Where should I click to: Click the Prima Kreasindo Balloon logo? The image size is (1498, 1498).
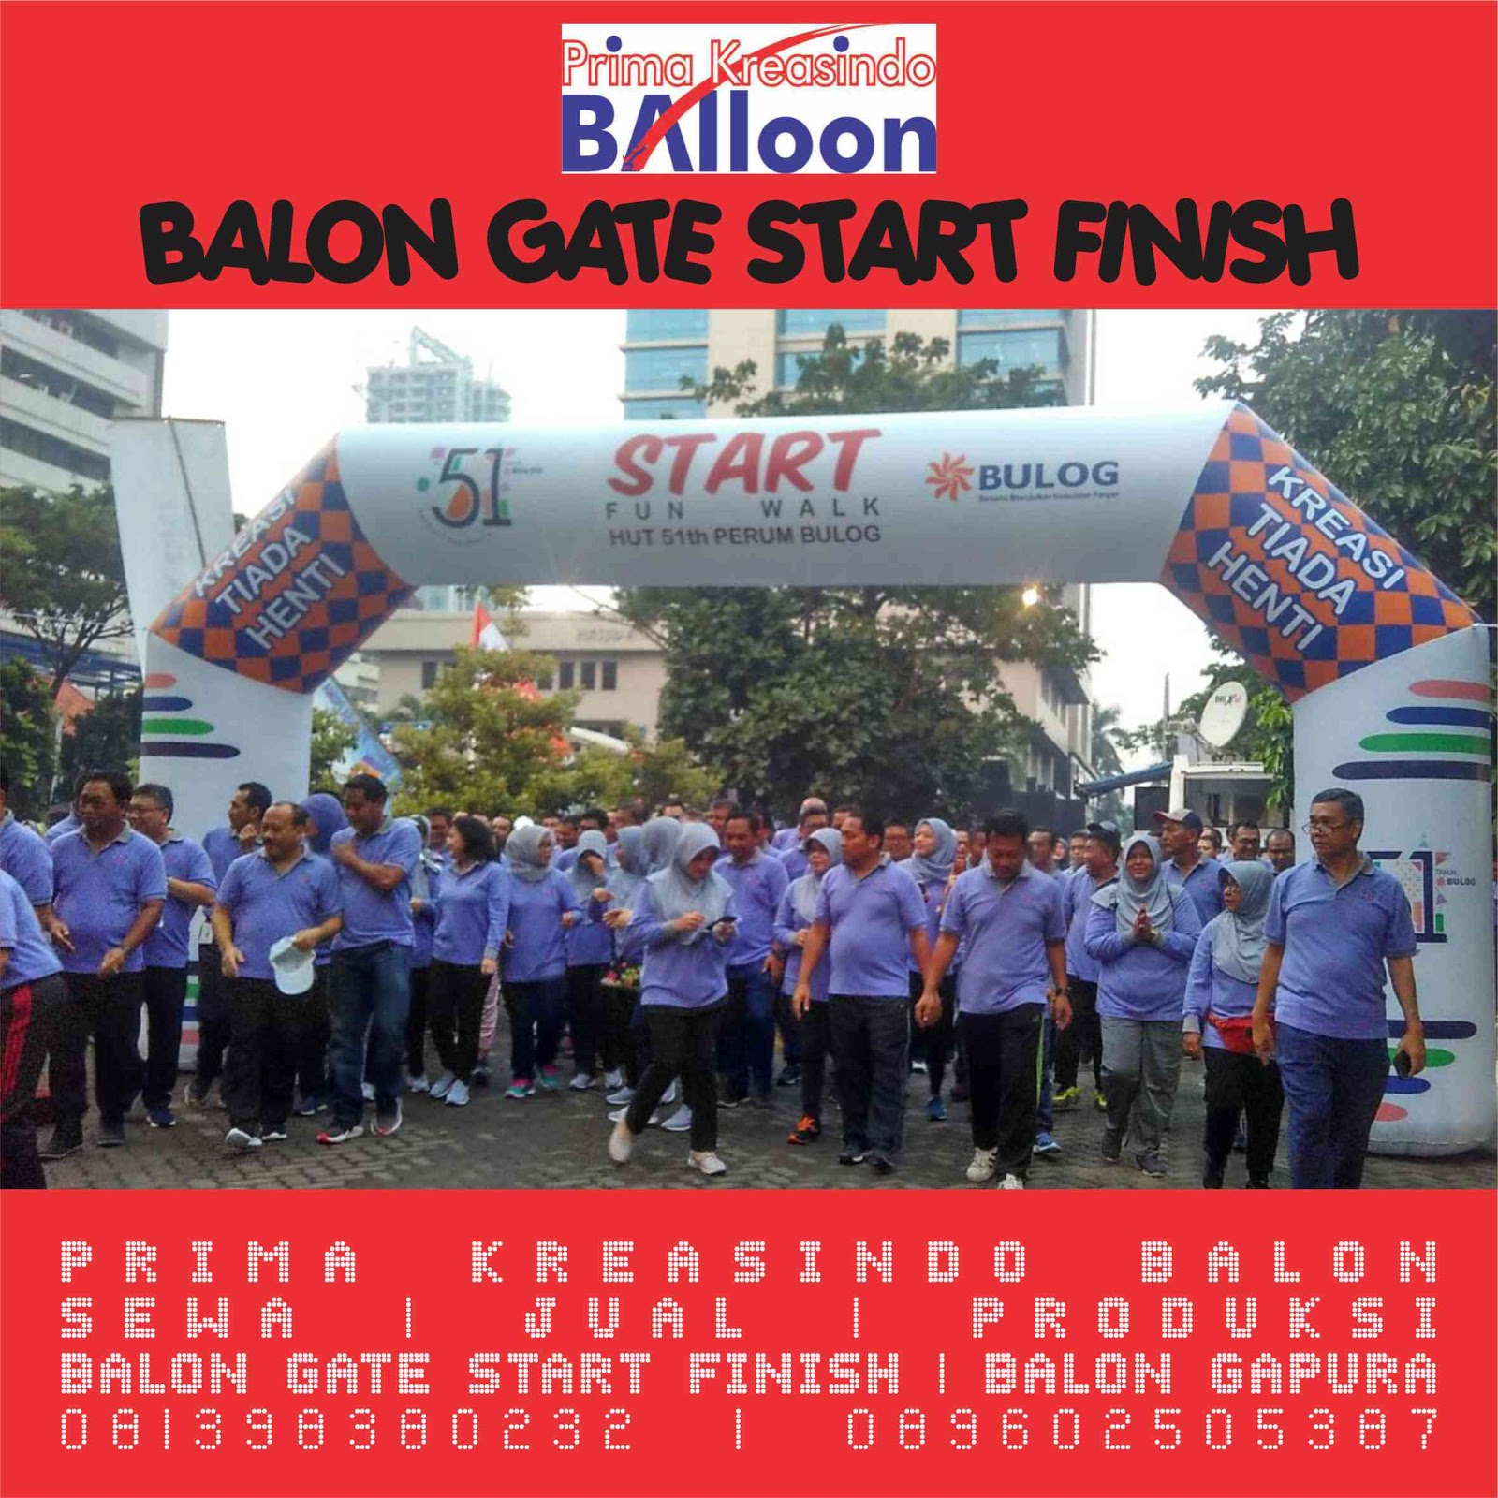click(748, 99)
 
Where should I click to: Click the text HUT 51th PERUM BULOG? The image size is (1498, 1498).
click(743, 536)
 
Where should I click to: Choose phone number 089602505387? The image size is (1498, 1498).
click(1142, 1430)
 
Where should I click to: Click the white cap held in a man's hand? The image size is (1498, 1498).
click(291, 964)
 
